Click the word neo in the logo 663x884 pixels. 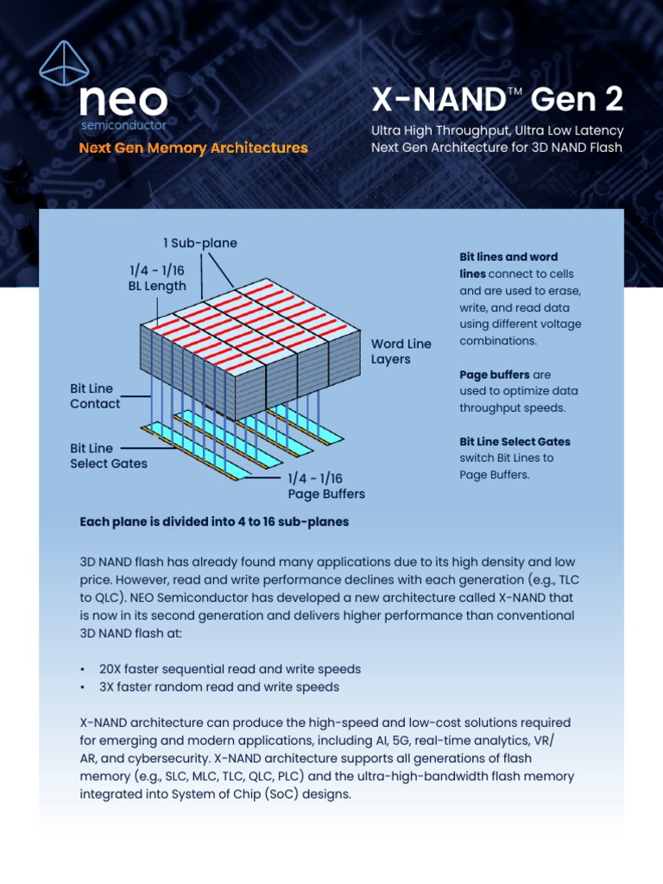click(x=123, y=102)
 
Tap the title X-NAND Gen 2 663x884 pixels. click(x=496, y=100)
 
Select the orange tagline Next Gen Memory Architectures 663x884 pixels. click(x=193, y=148)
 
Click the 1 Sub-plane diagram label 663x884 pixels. click(x=200, y=243)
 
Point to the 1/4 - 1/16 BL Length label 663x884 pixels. click(x=156, y=278)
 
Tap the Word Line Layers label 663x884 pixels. click(x=401, y=351)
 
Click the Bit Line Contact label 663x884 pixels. click(x=95, y=396)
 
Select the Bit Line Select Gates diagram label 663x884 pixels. click(x=108, y=456)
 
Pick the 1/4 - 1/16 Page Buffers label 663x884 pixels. click(x=326, y=486)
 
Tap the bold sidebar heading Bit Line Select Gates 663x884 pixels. click(x=515, y=441)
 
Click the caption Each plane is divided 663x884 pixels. click(x=214, y=522)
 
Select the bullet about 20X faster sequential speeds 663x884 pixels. click(x=230, y=669)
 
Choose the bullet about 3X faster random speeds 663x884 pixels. click(x=219, y=687)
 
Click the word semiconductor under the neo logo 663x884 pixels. click(x=123, y=126)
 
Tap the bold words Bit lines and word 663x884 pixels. click(x=508, y=257)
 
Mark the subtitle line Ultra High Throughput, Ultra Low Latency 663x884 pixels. click(x=497, y=131)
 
